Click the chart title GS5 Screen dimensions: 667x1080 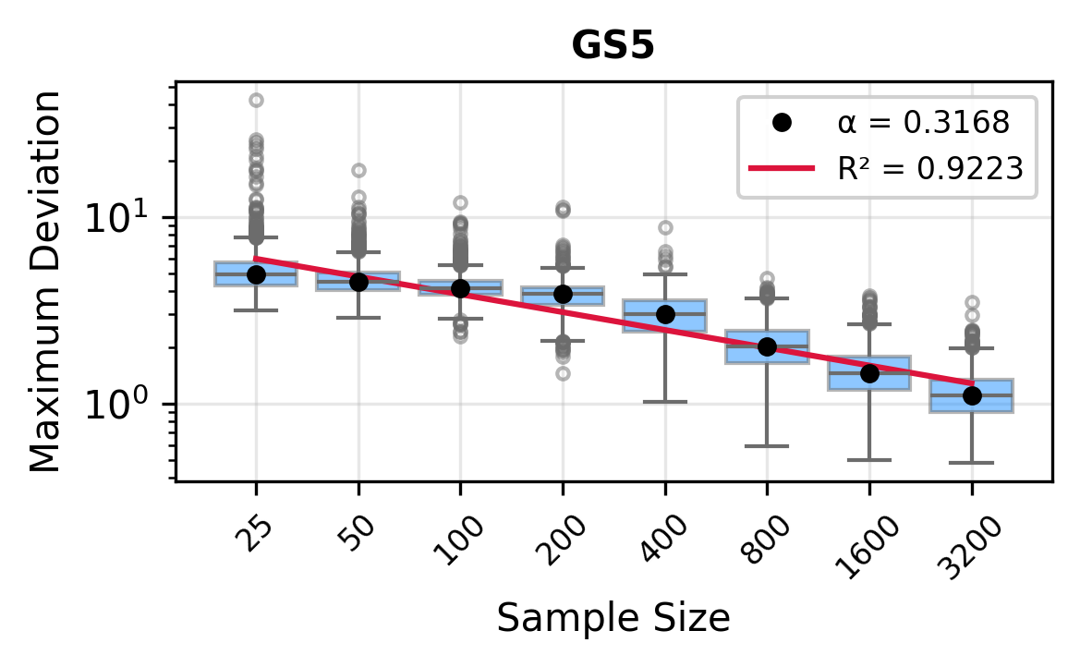[613, 47]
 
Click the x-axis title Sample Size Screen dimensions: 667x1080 [613, 618]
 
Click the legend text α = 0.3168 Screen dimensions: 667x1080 [922, 122]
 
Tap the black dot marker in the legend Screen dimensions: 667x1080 [782, 122]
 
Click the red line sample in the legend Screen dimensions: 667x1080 [782, 168]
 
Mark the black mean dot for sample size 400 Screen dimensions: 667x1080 [664, 315]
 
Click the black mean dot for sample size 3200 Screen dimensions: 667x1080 [971, 395]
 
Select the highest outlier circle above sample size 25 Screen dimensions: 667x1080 [256, 100]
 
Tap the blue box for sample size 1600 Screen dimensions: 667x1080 [868, 373]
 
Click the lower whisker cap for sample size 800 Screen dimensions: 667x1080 [767, 446]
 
